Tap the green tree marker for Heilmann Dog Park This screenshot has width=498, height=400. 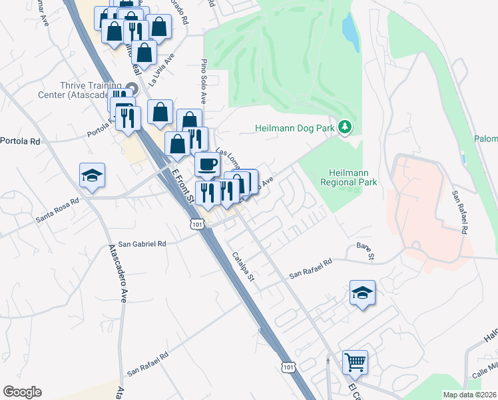(x=345, y=126)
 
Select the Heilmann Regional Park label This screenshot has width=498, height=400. (x=348, y=177)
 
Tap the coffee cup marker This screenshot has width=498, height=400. (x=206, y=164)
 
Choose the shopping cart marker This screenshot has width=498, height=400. (x=356, y=363)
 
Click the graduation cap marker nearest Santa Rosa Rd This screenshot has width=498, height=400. (x=92, y=175)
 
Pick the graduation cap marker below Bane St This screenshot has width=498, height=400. (x=362, y=293)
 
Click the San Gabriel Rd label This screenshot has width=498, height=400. (x=142, y=245)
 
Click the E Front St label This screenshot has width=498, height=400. (x=182, y=186)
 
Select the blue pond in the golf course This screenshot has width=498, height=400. (x=350, y=32)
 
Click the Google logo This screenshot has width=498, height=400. (x=22, y=392)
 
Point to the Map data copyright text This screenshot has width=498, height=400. (x=470, y=395)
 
